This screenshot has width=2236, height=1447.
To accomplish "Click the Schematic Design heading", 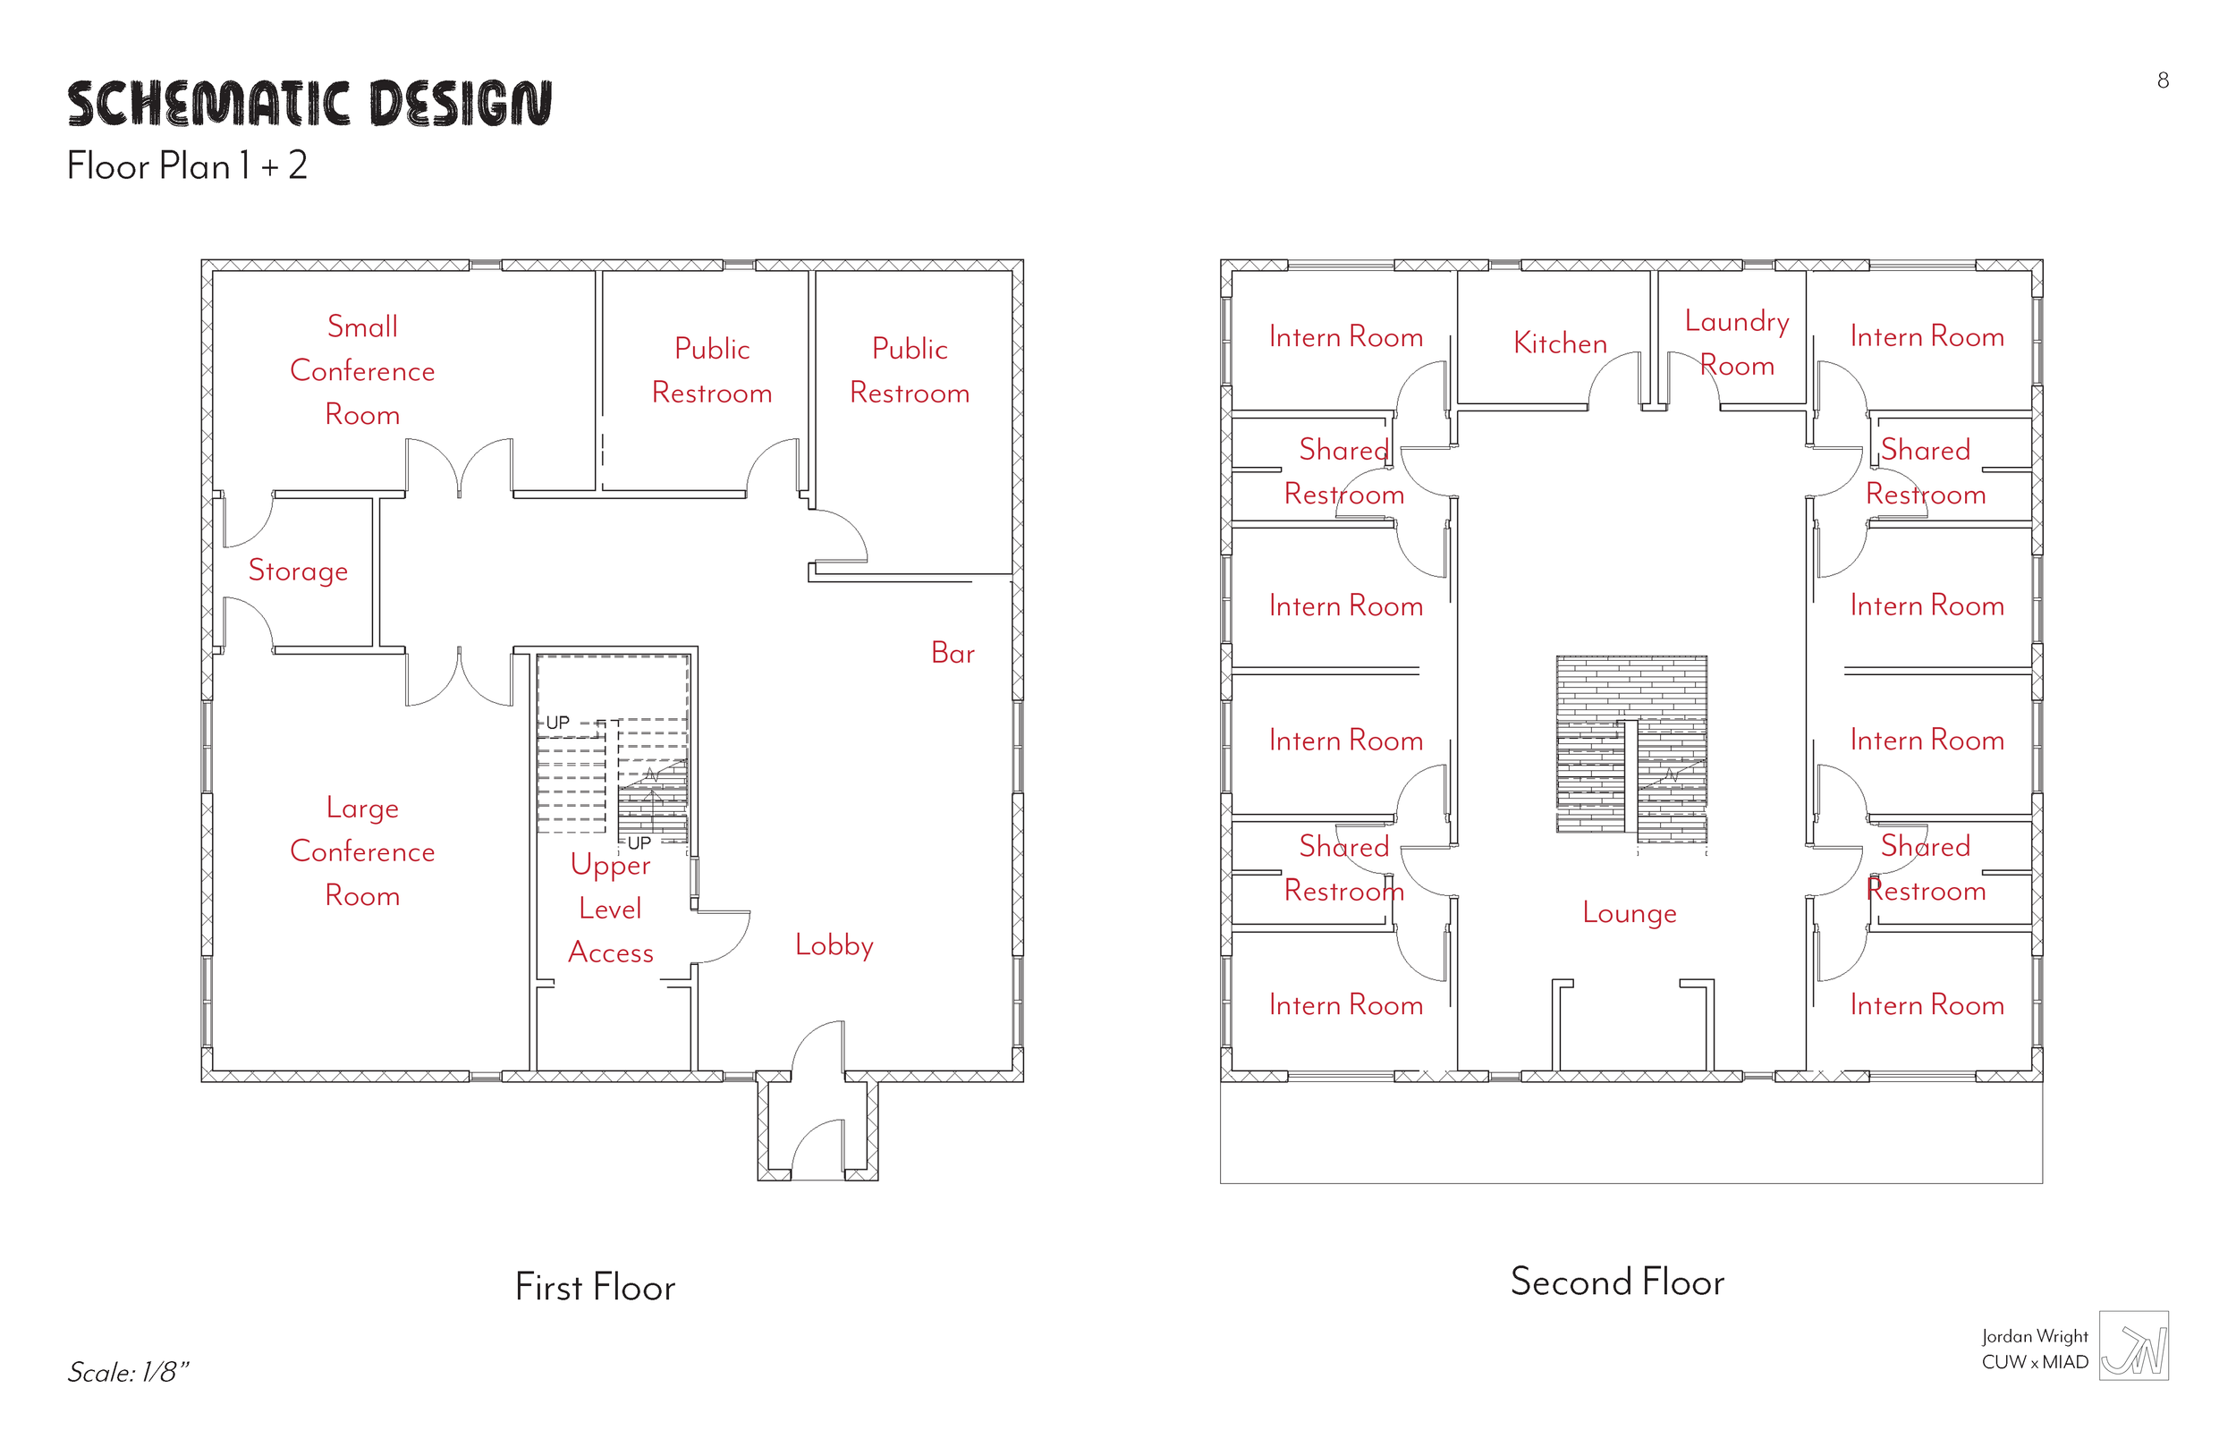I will tap(309, 104).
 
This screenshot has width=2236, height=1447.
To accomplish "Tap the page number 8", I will tap(2163, 80).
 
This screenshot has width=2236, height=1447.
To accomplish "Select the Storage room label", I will tap(298, 571).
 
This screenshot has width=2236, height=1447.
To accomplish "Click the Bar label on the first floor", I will tap(953, 653).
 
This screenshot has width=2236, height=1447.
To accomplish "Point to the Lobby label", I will tap(834, 944).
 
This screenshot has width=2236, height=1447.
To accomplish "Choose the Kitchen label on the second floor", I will tap(1560, 343).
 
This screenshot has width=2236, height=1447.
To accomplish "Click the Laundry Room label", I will tap(1736, 343).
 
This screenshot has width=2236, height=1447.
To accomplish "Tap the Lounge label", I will tap(1629, 912).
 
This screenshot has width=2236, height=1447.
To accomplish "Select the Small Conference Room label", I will tap(362, 370).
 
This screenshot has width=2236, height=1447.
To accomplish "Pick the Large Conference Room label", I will tap(362, 851).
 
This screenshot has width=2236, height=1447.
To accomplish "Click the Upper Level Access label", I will tap(611, 909).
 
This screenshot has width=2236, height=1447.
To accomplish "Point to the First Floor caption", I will tap(595, 1287).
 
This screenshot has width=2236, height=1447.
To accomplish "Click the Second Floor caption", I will tap(1617, 1282).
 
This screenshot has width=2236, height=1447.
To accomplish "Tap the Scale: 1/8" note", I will tap(128, 1373).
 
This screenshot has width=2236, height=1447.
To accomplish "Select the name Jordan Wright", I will tap(2034, 1336).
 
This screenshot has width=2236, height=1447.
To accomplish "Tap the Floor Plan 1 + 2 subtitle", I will tap(187, 166).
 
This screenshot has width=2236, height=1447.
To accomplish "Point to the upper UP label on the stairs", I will tap(557, 723).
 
